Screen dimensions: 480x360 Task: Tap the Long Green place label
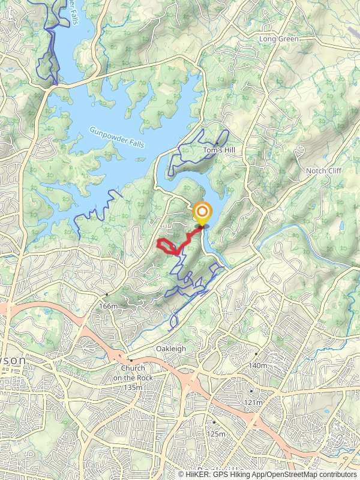click(x=278, y=39)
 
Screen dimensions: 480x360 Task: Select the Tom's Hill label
click(x=217, y=149)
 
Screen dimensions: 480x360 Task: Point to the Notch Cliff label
click(x=324, y=171)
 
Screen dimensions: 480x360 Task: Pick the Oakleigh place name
click(x=172, y=349)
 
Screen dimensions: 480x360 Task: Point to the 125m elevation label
click(x=215, y=434)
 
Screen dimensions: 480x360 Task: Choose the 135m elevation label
click(x=133, y=387)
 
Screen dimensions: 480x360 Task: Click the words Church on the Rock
click(x=133, y=373)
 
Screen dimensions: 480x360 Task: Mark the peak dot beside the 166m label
click(x=106, y=295)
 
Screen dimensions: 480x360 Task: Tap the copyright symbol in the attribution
click(x=181, y=474)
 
